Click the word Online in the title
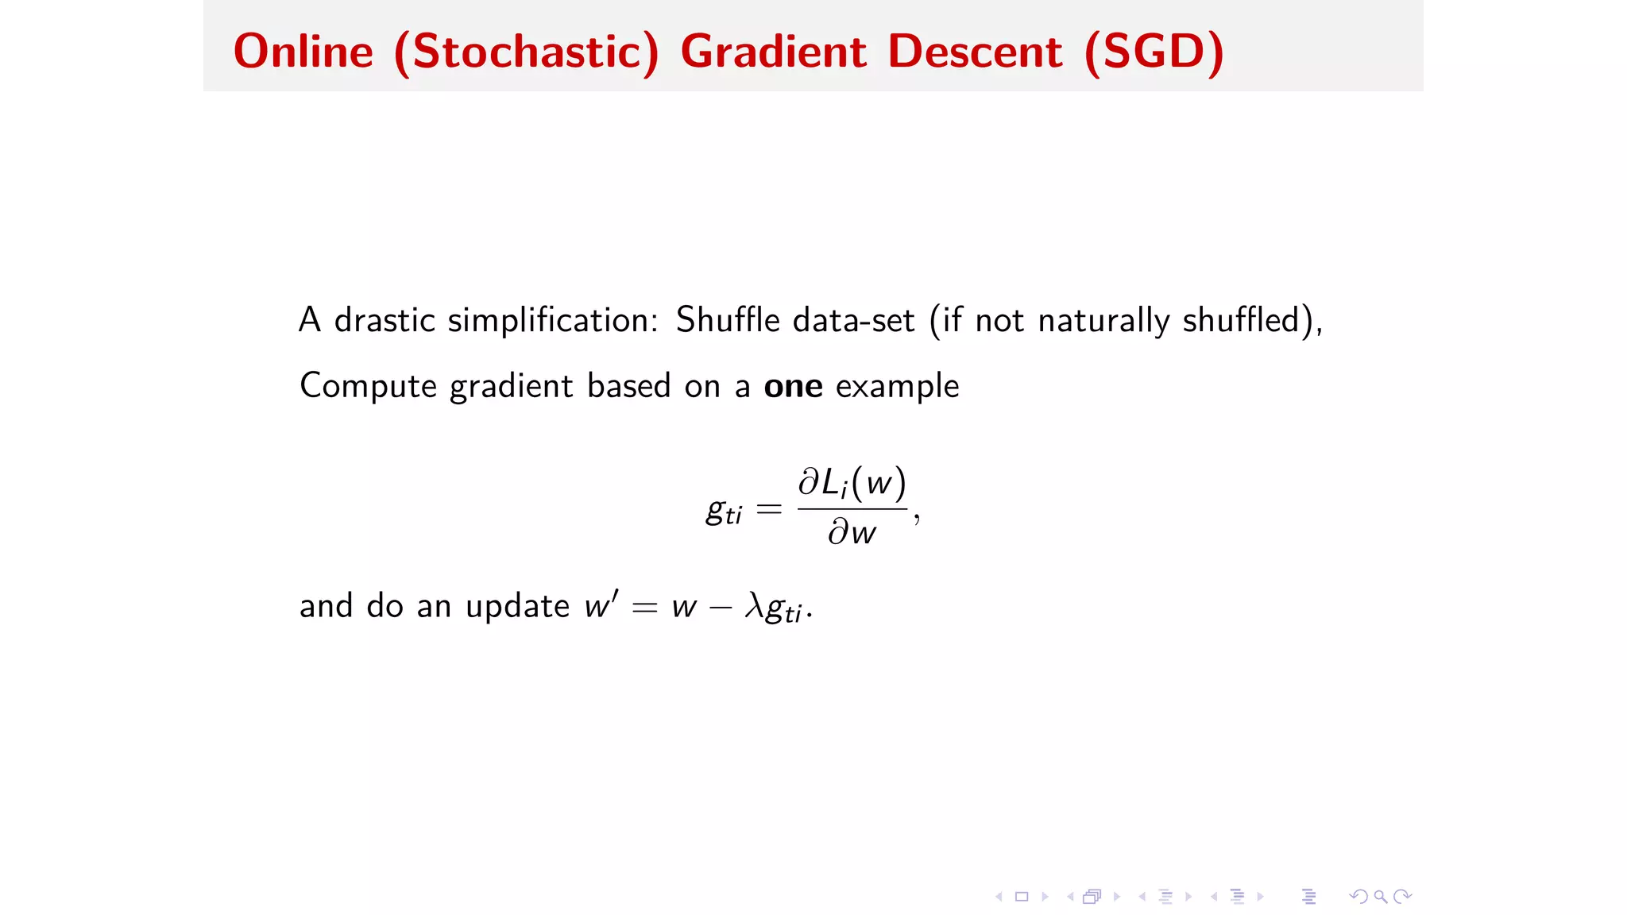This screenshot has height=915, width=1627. [303, 52]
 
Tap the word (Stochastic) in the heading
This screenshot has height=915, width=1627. [527, 52]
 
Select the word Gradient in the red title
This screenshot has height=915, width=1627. [773, 52]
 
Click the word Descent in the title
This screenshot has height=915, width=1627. [975, 52]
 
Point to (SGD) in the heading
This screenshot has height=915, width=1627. [1154, 52]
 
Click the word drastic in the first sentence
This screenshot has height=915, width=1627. [385, 320]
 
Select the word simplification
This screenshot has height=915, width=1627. [553, 320]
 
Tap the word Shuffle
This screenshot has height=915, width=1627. [728, 320]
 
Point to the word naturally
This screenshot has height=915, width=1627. [1103, 321]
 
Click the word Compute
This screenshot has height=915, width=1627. [368, 386]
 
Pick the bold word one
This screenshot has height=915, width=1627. [793, 386]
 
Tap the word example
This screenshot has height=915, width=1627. [897, 387]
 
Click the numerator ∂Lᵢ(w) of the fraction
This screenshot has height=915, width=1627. [852, 483]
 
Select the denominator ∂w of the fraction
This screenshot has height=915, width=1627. [852, 531]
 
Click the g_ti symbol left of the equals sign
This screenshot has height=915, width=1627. [723, 510]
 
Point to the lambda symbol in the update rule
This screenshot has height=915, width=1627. [754, 606]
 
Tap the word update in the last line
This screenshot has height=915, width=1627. [517, 606]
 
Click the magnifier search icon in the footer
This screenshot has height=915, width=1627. [1381, 897]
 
